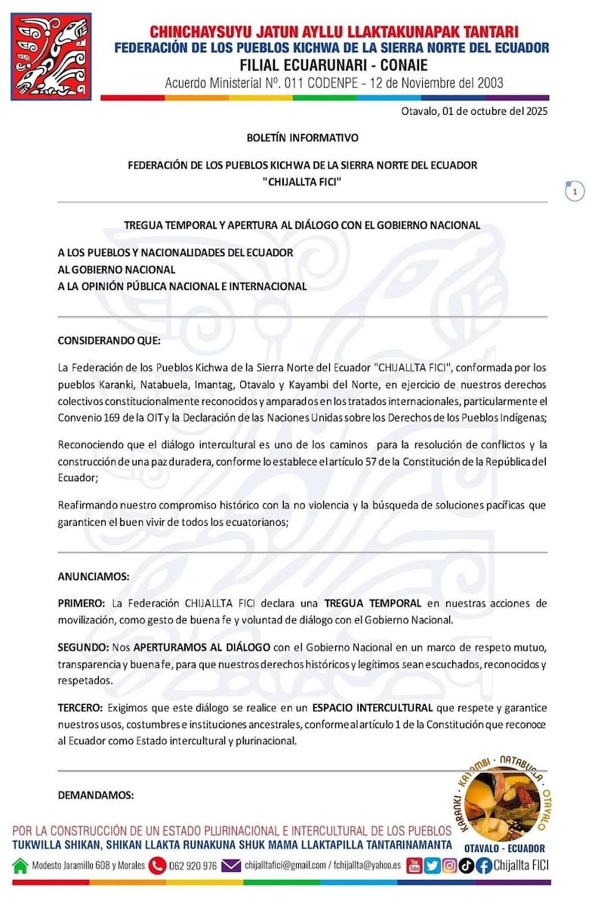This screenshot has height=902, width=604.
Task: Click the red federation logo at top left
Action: click(51, 56)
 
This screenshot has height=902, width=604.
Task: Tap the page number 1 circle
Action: click(575, 192)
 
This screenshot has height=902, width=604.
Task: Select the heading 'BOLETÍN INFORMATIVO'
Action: click(302, 138)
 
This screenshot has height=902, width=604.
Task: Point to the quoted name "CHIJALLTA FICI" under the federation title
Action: click(302, 181)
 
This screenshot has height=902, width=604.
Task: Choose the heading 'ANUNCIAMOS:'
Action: click(94, 576)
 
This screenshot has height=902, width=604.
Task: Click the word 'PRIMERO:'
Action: click(82, 604)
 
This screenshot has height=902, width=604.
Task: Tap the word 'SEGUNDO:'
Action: click(83, 648)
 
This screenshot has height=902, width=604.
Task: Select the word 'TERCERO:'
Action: click(80, 708)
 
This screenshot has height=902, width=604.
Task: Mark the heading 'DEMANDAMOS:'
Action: click(96, 795)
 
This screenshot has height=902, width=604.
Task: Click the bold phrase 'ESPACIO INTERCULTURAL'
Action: click(373, 708)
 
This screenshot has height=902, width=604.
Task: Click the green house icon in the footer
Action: click(20, 866)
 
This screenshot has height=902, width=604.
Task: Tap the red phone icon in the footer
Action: click(157, 866)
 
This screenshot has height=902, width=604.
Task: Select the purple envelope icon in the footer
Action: click(231, 866)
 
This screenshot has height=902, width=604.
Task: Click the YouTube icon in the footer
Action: click(414, 866)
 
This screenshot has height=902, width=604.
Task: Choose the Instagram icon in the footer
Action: click(448, 866)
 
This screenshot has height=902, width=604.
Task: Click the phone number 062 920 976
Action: click(194, 866)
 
